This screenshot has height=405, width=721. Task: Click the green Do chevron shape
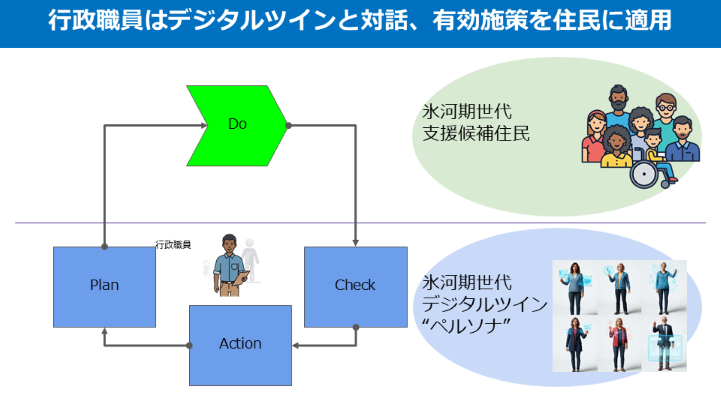click(x=237, y=126)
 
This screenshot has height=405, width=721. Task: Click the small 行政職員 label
click(x=173, y=244)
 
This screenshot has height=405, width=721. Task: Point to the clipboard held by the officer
click(x=242, y=276)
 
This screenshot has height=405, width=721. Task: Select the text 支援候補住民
click(x=476, y=134)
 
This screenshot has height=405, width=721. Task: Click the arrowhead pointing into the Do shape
click(x=204, y=126)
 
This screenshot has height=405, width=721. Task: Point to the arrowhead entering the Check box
click(x=356, y=243)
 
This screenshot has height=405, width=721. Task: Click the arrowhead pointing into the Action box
click(x=296, y=346)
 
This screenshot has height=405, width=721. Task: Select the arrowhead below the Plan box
click(x=105, y=331)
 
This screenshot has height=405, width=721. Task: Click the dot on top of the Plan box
click(x=105, y=247)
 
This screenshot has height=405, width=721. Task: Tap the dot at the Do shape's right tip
click(x=288, y=126)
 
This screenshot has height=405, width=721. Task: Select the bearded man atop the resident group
click(x=619, y=101)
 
